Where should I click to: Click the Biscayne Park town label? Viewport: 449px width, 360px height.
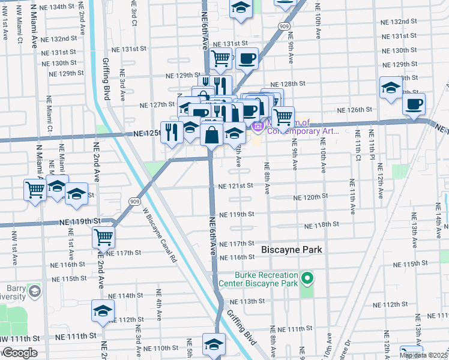292,249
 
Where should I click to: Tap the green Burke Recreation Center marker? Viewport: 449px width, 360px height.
307,278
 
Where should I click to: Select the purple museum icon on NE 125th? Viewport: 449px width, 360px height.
258,126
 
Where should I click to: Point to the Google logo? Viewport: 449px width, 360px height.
19,353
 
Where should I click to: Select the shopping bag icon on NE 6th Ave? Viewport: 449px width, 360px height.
212,135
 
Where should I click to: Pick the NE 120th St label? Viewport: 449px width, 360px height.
311,197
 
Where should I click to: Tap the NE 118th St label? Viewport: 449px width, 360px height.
322,224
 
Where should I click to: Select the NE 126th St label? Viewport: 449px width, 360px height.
355,110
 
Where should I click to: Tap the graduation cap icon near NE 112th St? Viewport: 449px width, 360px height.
103,311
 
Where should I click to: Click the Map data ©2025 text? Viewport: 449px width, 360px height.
424,355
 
